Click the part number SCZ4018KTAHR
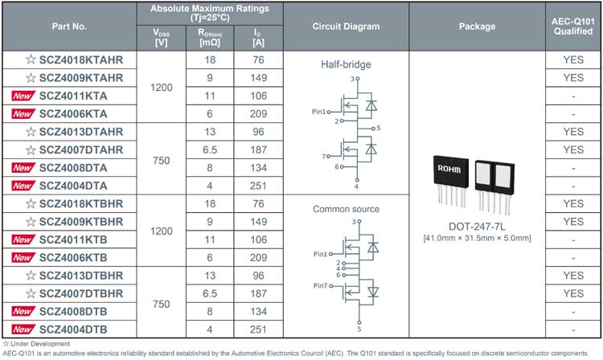click(x=80, y=60)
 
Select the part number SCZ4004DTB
click(x=73, y=329)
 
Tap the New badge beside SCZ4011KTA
click(x=23, y=96)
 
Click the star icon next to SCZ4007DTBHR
click(x=31, y=293)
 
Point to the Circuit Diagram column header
click(x=346, y=27)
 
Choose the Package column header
click(x=477, y=27)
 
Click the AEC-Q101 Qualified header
click(x=573, y=27)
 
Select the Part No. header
click(x=69, y=27)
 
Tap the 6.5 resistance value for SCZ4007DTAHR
click(x=210, y=149)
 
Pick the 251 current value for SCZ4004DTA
click(x=258, y=186)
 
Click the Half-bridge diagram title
click(x=346, y=64)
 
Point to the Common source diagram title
click(x=346, y=209)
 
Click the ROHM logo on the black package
click(x=449, y=169)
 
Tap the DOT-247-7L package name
click(x=477, y=227)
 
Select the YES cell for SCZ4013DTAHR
click(x=573, y=132)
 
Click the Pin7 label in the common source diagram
click(x=320, y=286)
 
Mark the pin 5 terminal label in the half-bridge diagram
click(x=379, y=128)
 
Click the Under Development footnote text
click(x=36, y=344)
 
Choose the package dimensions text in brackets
click(x=477, y=238)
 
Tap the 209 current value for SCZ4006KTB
click(x=258, y=258)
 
